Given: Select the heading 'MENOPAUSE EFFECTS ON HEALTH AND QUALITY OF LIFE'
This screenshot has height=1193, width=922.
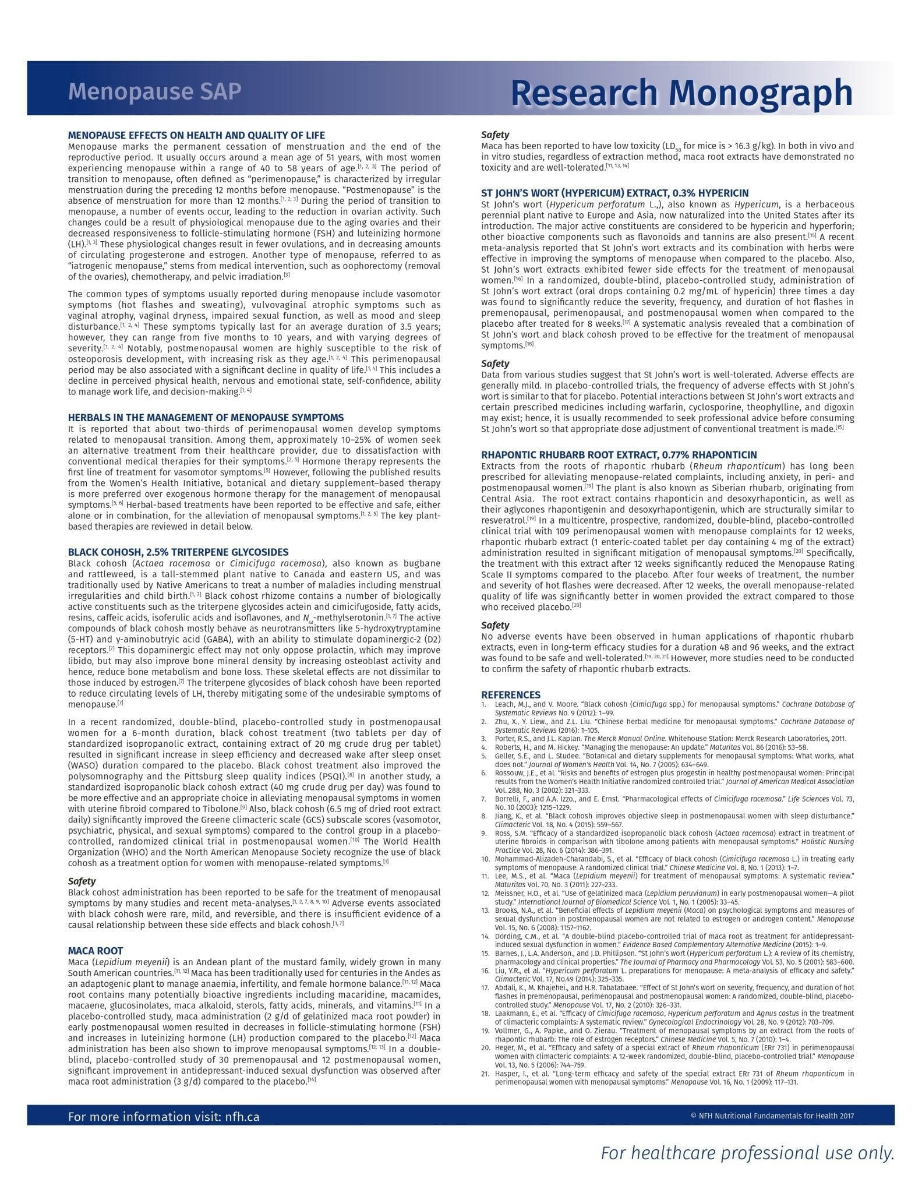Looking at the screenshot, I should (x=196, y=135).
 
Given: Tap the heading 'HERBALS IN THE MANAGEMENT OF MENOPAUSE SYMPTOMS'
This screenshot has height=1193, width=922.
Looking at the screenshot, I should (x=206, y=418).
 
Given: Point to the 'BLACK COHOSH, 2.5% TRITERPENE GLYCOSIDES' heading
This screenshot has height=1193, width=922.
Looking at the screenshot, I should (x=178, y=552).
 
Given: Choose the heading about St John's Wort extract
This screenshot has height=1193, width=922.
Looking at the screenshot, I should (x=614, y=193).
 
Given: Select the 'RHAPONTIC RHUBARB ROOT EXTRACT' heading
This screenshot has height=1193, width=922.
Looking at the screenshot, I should (x=619, y=455).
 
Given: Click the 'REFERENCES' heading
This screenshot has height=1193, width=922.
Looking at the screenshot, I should (x=510, y=695).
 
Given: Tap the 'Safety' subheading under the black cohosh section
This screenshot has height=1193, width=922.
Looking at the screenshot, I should (x=82, y=881).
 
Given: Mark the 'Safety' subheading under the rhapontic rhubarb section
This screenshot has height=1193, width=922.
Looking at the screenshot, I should (x=495, y=625).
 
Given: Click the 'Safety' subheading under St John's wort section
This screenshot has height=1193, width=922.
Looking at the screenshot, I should (x=495, y=363).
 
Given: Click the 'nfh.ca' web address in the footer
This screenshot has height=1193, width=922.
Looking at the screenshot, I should (x=242, y=1117).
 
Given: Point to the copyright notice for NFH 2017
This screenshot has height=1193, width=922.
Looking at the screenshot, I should (x=772, y=1116).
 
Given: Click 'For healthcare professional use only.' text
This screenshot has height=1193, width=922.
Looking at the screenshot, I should (x=747, y=1153).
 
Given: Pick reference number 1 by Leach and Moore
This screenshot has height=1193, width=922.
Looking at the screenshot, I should (x=670, y=708).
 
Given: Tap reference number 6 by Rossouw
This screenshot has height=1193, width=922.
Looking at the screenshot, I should (x=670, y=782).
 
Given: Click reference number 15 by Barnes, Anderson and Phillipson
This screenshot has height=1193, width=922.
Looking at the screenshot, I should (x=670, y=958).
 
